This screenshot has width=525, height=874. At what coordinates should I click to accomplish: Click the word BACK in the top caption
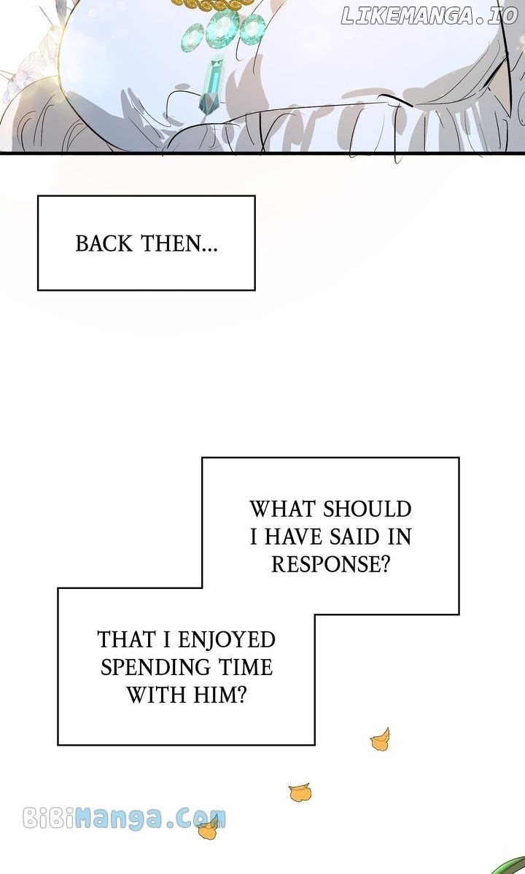(x=104, y=243)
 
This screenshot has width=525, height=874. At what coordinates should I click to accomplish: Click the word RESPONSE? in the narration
(x=330, y=563)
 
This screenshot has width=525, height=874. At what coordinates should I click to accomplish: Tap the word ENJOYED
(x=227, y=639)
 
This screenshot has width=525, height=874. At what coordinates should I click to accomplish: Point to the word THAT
(x=125, y=639)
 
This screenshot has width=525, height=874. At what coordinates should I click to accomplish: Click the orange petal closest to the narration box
(x=380, y=741)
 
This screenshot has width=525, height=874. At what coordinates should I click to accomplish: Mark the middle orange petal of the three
(x=300, y=792)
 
